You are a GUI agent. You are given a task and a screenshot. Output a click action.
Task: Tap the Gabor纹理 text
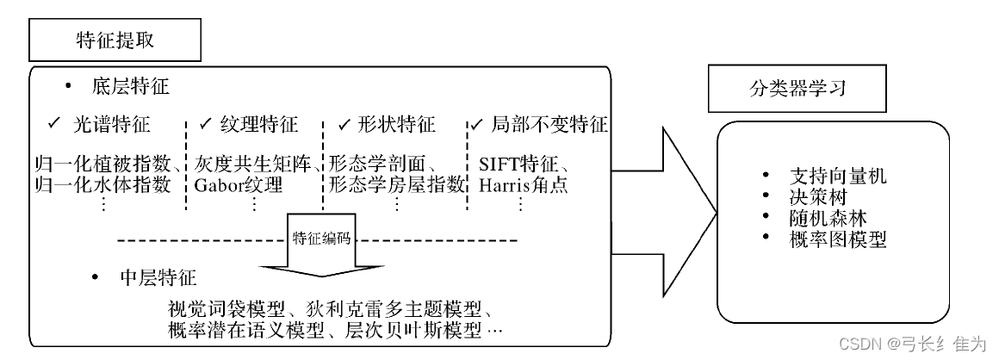(239, 184)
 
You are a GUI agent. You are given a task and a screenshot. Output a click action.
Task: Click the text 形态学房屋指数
(396, 184)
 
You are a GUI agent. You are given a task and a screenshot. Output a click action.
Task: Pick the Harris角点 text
(523, 184)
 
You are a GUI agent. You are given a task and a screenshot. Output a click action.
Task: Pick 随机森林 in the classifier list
(826, 218)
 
